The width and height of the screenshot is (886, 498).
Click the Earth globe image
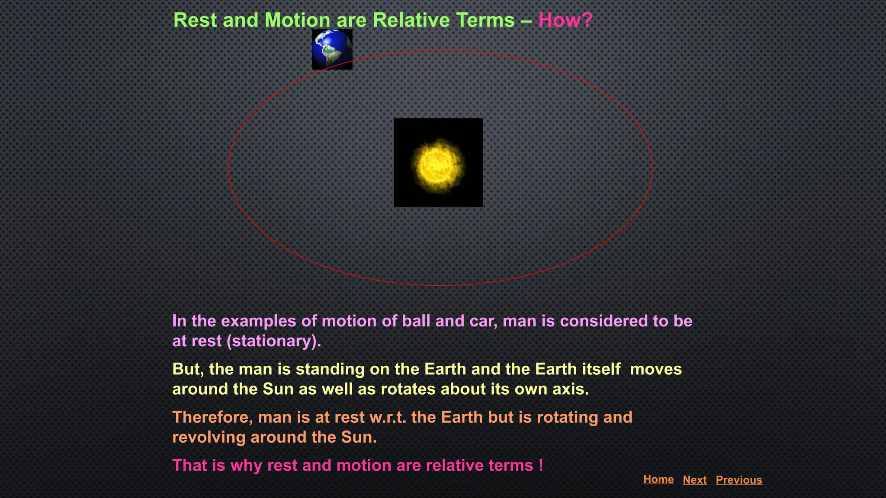[332, 49]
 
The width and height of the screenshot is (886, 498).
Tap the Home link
[658, 479]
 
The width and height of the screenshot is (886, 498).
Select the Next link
[694, 480]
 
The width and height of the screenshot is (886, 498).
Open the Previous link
[738, 480]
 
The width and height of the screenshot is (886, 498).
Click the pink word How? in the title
[565, 20]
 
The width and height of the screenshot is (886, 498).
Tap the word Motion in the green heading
[297, 20]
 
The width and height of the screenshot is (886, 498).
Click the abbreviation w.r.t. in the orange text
[387, 417]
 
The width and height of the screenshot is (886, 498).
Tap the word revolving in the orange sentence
[209, 437]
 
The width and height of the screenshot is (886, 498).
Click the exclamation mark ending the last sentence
[541, 465]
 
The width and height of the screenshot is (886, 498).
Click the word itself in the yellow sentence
[601, 369]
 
